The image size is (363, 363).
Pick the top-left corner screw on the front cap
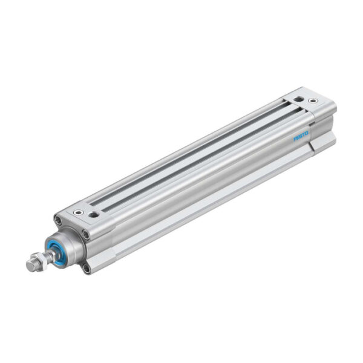tap(58, 220)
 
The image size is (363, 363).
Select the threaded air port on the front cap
tap(93, 214)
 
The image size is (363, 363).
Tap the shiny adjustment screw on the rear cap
tap(313, 100)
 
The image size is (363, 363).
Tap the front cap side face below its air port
tap(103, 236)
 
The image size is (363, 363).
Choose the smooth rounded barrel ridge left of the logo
tap(242, 160)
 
